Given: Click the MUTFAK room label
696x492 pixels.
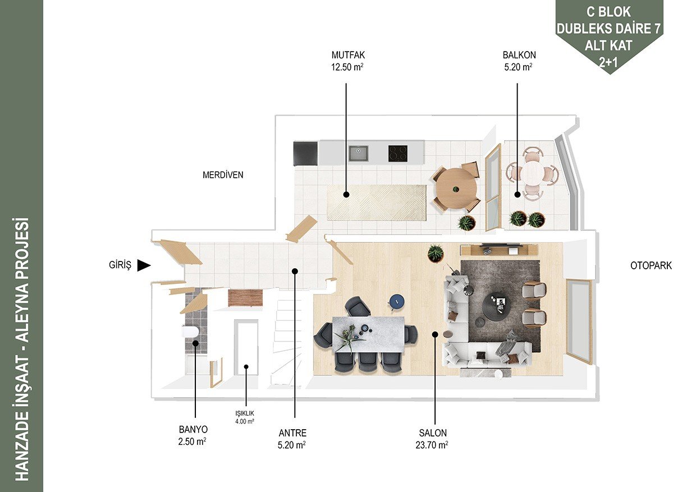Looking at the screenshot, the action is pyautogui.click(x=348, y=56).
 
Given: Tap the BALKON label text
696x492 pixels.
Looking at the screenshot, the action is pyautogui.click(x=519, y=56).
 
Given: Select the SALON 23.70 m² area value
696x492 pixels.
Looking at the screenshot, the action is pyautogui.click(x=432, y=445).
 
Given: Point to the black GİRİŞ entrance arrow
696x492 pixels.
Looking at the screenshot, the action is pyautogui.click(x=144, y=265).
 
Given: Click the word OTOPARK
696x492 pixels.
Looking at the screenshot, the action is pyautogui.click(x=651, y=265).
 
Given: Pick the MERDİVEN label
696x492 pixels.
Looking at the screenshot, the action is pyautogui.click(x=223, y=175).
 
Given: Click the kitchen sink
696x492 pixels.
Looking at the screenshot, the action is pyautogui.click(x=358, y=154).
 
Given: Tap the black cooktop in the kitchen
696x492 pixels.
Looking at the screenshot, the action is pyautogui.click(x=398, y=154).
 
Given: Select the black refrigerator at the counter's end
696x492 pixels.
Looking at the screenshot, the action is pyautogui.click(x=305, y=154).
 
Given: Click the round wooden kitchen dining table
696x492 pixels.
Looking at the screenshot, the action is pyautogui.click(x=456, y=190).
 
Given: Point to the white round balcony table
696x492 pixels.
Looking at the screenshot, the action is pyautogui.click(x=533, y=173).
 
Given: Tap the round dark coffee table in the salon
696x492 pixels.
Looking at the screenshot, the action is pyautogui.click(x=497, y=305).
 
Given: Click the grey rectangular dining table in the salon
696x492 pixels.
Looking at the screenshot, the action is pyautogui.click(x=369, y=334).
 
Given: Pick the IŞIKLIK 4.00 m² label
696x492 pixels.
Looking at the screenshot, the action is pyautogui.click(x=245, y=417).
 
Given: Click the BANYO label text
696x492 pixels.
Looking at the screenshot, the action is pyautogui.click(x=193, y=429).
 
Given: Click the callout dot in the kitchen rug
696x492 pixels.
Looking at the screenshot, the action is pyautogui.click(x=346, y=195).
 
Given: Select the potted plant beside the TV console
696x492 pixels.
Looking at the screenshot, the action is pyautogui.click(x=435, y=253).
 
